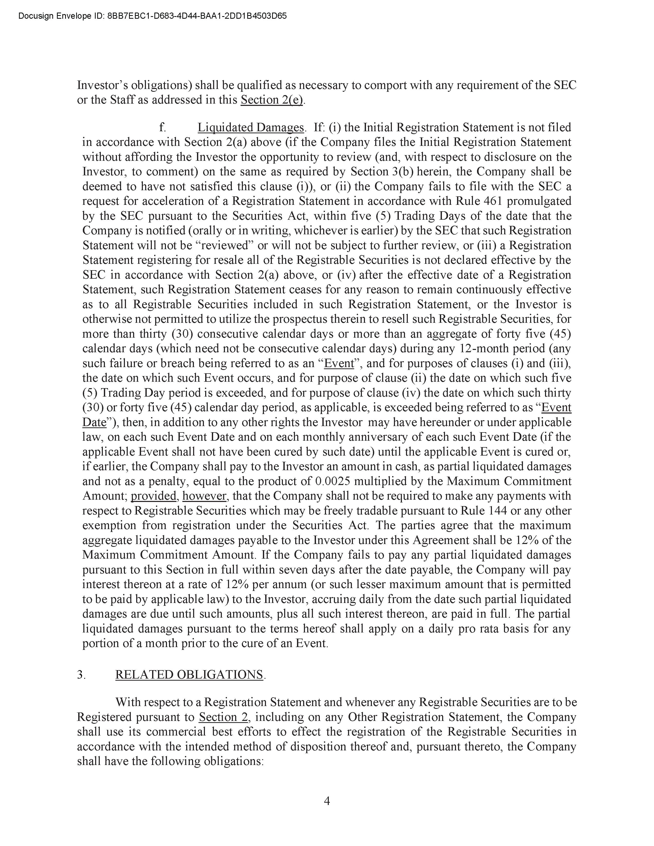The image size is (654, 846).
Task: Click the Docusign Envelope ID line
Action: pyautogui.click(x=152, y=16)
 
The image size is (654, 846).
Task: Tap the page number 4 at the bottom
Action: pyautogui.click(x=326, y=801)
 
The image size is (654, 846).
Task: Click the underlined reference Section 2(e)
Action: pyautogui.click(x=272, y=100)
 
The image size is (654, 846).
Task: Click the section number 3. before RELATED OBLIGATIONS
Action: pyautogui.click(x=81, y=674)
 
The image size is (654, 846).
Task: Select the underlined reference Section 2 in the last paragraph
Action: pyautogui.click(x=223, y=717)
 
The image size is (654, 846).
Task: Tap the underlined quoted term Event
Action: pyautogui.click(x=339, y=363)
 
